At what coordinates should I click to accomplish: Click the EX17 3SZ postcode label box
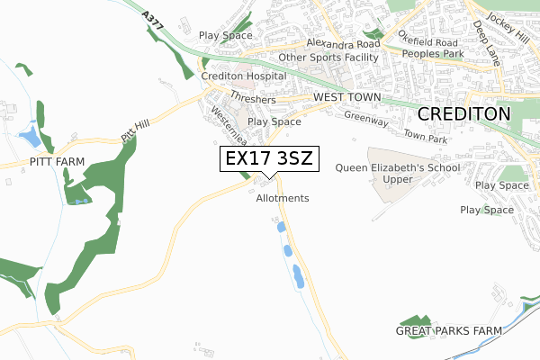[x=268, y=159]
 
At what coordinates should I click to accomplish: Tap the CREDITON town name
[x=463, y=113]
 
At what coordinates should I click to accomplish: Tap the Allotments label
[x=283, y=198]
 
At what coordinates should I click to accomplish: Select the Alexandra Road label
[x=343, y=43]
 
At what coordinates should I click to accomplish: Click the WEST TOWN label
[x=348, y=96]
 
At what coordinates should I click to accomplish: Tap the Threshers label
[x=252, y=99]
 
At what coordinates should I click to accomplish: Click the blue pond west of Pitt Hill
[x=30, y=137]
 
